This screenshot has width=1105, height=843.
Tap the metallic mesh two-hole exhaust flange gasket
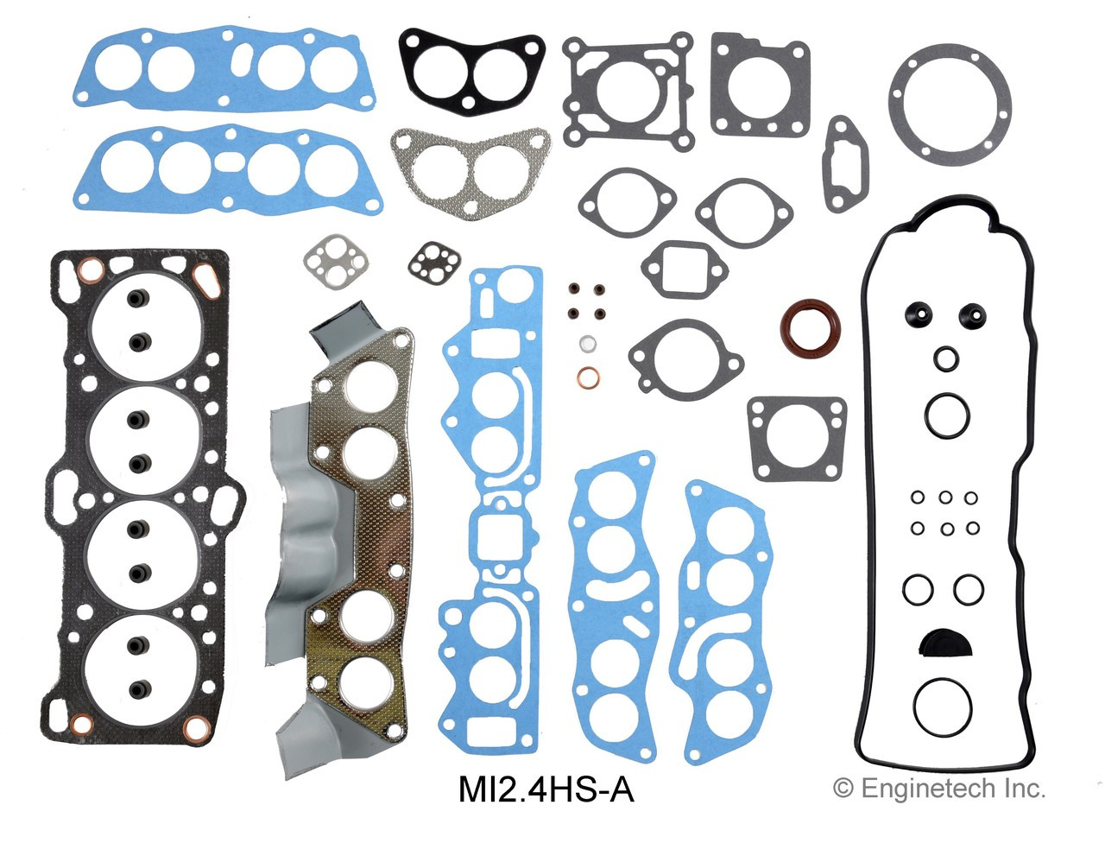point(470,162)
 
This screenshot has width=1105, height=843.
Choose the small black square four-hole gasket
point(428,262)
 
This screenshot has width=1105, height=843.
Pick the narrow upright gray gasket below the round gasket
point(841,164)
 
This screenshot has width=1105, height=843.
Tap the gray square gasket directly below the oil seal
point(796,438)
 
